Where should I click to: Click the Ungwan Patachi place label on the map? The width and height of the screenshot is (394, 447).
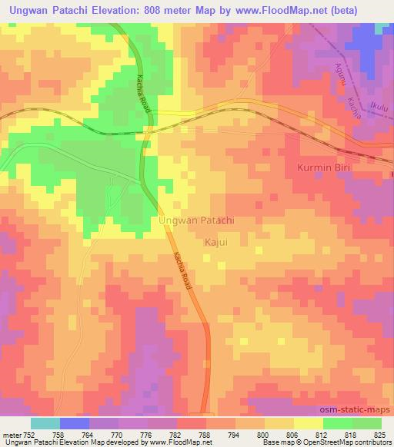click(x=196, y=220)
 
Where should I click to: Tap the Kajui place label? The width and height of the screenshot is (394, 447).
click(x=217, y=243)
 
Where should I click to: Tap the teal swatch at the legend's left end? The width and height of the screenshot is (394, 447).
click(x=45, y=422)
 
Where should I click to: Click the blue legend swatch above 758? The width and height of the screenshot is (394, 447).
click(x=75, y=422)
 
